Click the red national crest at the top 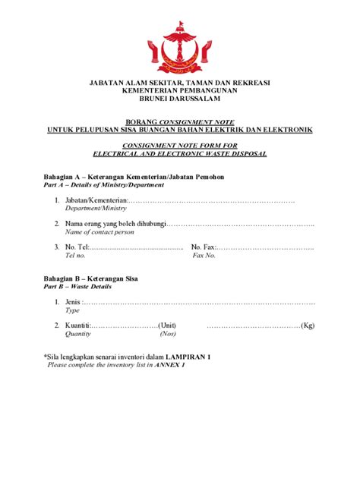pyautogui.click(x=179, y=42)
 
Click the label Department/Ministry pyautogui.click(x=95, y=208)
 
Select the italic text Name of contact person pyautogui.click(x=99, y=232)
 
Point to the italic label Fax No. pyautogui.click(x=204, y=256)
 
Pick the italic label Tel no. pyautogui.click(x=76, y=256)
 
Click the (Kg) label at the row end pyautogui.click(x=308, y=325)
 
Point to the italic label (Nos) pyautogui.click(x=168, y=334)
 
